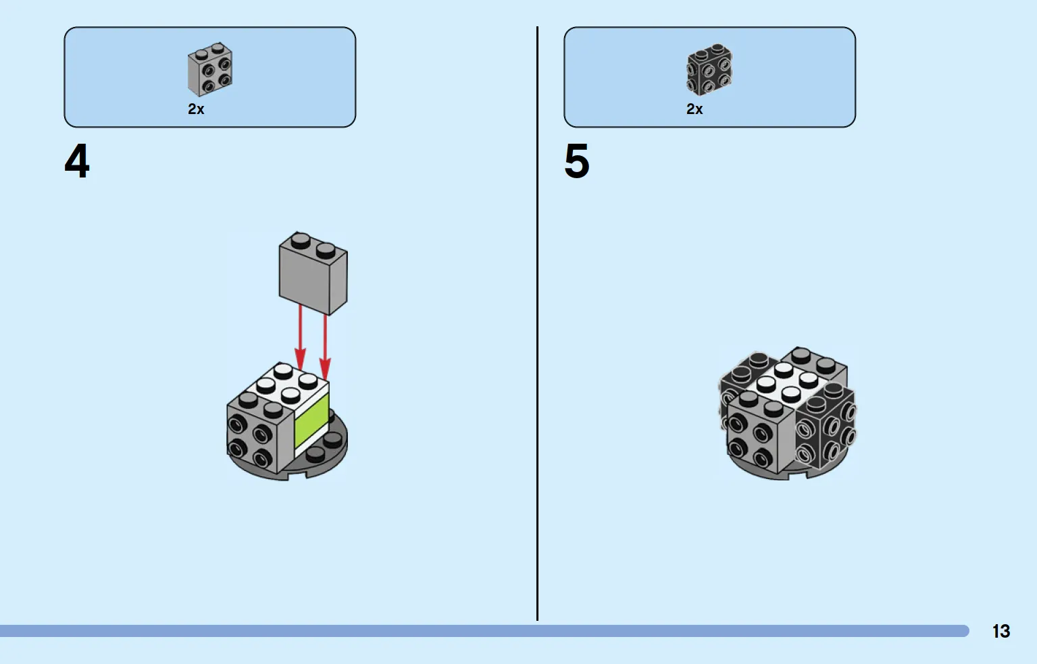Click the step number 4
(77, 161)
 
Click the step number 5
(576, 161)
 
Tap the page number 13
(1001, 631)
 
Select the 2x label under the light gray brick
(196, 109)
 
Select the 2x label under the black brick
(694, 109)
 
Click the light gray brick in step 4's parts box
(209, 70)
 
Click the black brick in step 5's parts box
(709, 70)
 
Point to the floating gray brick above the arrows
(313, 274)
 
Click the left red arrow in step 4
(300, 337)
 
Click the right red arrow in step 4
(325, 344)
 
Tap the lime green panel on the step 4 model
(311, 422)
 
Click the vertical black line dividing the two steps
(538, 324)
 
